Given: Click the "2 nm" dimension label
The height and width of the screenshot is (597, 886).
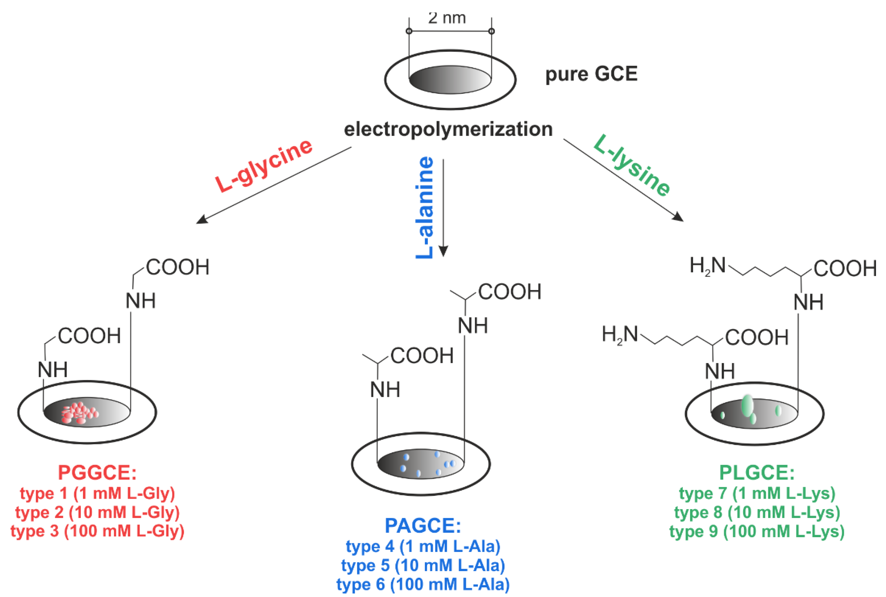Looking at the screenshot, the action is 447,18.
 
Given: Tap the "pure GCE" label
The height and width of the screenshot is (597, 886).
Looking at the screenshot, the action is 591,74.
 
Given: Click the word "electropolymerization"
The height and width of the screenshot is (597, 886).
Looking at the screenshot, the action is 448,129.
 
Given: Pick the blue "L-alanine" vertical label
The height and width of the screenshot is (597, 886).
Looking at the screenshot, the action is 424,207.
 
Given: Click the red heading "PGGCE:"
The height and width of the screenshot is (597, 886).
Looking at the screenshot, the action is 97,473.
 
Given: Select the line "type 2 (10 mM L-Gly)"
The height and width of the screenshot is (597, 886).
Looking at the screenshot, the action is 97,512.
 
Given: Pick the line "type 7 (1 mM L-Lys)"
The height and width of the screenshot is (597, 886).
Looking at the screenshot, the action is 757,493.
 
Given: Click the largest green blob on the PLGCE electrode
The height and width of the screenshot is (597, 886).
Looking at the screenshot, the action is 748,406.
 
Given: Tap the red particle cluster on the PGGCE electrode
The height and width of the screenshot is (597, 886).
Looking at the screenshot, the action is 80,413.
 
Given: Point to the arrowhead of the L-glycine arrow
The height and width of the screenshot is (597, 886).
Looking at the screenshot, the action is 202,220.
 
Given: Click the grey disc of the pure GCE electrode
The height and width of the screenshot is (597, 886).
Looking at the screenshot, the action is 450,79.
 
